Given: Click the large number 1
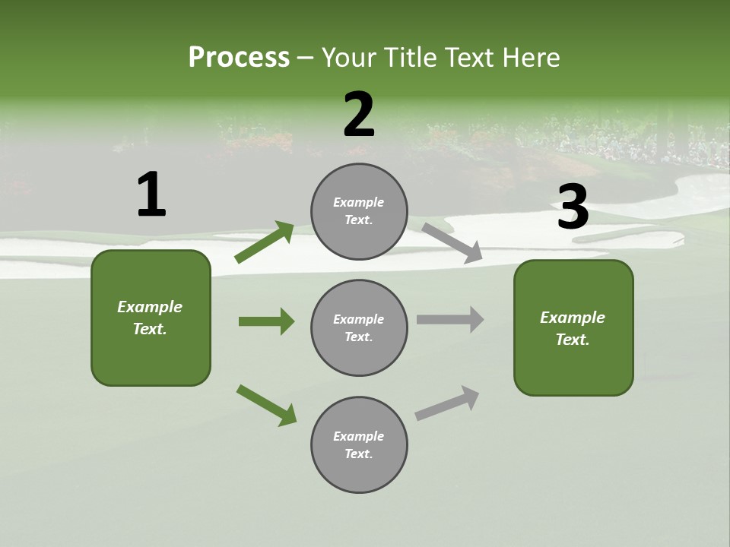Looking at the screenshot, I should (151, 194).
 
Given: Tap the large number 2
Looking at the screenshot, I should (359, 115).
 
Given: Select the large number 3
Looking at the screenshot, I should (573, 207).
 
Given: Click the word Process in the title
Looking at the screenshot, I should (239, 57).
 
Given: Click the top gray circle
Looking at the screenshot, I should (359, 211).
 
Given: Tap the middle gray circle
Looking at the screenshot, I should (359, 327).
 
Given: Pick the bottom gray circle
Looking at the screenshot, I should (359, 444).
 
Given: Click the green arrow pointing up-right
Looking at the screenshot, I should (265, 242).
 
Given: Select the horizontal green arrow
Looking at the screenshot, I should (266, 321).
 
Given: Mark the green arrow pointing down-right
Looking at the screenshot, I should (266, 404).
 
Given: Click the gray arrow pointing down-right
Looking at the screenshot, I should (452, 242).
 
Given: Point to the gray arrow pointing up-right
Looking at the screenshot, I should (447, 403).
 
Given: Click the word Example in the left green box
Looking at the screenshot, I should (150, 307).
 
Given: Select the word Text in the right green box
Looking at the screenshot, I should (572, 340).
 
